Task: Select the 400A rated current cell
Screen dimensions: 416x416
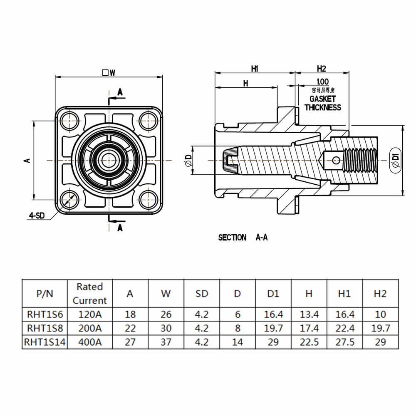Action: point(90,342)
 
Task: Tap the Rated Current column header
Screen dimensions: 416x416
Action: point(90,293)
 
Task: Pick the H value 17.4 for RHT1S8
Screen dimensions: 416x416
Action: point(309,328)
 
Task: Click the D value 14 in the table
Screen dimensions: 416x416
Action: point(237,342)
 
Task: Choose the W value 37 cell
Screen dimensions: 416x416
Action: point(166,342)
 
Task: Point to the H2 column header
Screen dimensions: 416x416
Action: point(380,293)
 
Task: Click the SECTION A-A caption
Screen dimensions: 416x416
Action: point(243,238)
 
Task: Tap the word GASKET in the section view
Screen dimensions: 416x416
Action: point(322,99)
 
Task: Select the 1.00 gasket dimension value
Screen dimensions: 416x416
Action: point(322,82)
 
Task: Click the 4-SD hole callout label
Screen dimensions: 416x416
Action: point(37,215)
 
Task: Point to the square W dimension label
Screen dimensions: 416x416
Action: point(109,73)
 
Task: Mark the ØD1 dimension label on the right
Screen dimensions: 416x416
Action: point(395,160)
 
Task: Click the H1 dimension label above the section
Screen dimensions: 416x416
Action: point(255,69)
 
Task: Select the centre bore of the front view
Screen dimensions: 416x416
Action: point(108,159)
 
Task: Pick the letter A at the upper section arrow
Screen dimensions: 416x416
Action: point(120,92)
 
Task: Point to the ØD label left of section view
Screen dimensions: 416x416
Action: point(188,161)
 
